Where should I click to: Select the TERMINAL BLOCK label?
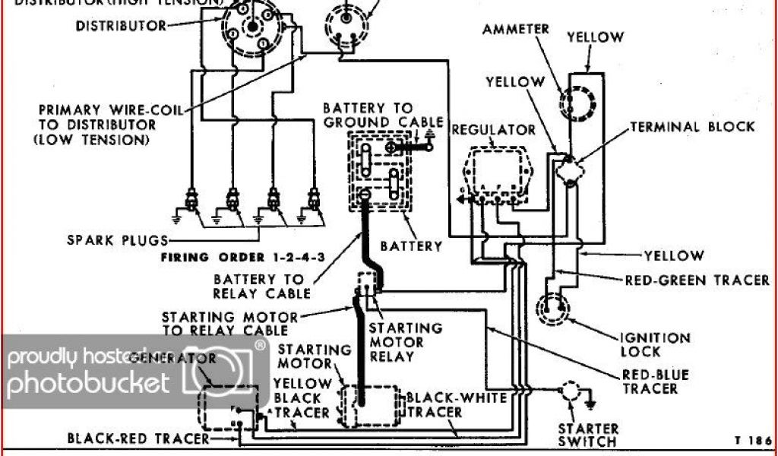click(692, 127)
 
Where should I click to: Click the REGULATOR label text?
click(494, 130)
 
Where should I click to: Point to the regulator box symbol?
click(495, 172)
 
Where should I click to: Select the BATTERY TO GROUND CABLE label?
click(383, 116)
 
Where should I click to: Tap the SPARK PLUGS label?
click(116, 241)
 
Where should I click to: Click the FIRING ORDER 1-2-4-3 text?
click(243, 258)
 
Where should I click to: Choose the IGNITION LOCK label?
click(656, 345)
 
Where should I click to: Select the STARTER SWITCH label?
click(588, 435)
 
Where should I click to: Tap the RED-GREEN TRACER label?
click(697, 280)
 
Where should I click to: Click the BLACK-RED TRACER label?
click(138, 439)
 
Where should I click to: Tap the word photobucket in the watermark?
click(87, 382)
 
